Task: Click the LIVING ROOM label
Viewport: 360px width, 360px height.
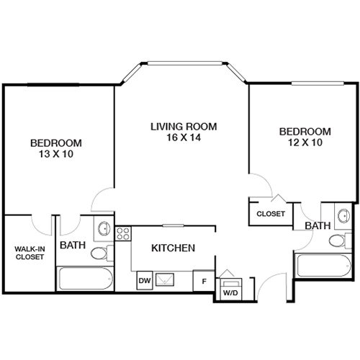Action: [183, 127]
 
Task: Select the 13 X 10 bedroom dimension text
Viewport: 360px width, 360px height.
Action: [55, 153]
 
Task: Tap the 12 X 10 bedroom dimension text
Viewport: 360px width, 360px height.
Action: [305, 143]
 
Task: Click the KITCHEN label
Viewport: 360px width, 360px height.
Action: [173, 248]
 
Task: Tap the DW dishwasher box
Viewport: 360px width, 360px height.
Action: [143, 280]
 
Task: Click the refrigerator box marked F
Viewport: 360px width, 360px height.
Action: [204, 280]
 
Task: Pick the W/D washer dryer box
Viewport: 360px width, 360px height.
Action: [230, 287]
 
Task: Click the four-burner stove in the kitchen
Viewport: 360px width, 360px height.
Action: [122, 233]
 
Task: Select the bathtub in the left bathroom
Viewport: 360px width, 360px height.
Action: [85, 278]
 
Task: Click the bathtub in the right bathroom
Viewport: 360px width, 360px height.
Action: [321, 268]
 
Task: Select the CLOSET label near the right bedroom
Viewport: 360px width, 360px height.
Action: [271, 214]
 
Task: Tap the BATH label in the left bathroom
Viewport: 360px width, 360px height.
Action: [73, 246]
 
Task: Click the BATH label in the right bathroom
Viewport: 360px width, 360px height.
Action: [317, 226]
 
